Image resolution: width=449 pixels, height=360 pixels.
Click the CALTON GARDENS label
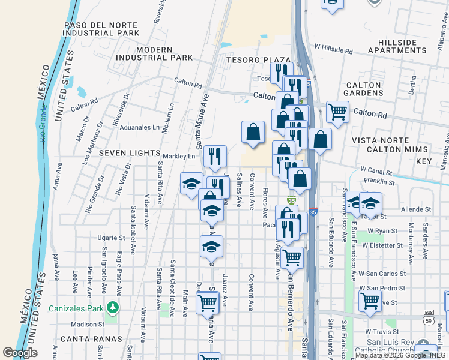tap(363, 89)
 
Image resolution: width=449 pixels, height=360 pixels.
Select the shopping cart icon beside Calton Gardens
tap(338, 111)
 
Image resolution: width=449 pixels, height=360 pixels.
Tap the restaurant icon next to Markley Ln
tap(215, 157)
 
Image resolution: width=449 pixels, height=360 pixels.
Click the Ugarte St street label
tap(110, 238)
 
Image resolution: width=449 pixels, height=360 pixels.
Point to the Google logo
tap(20, 353)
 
